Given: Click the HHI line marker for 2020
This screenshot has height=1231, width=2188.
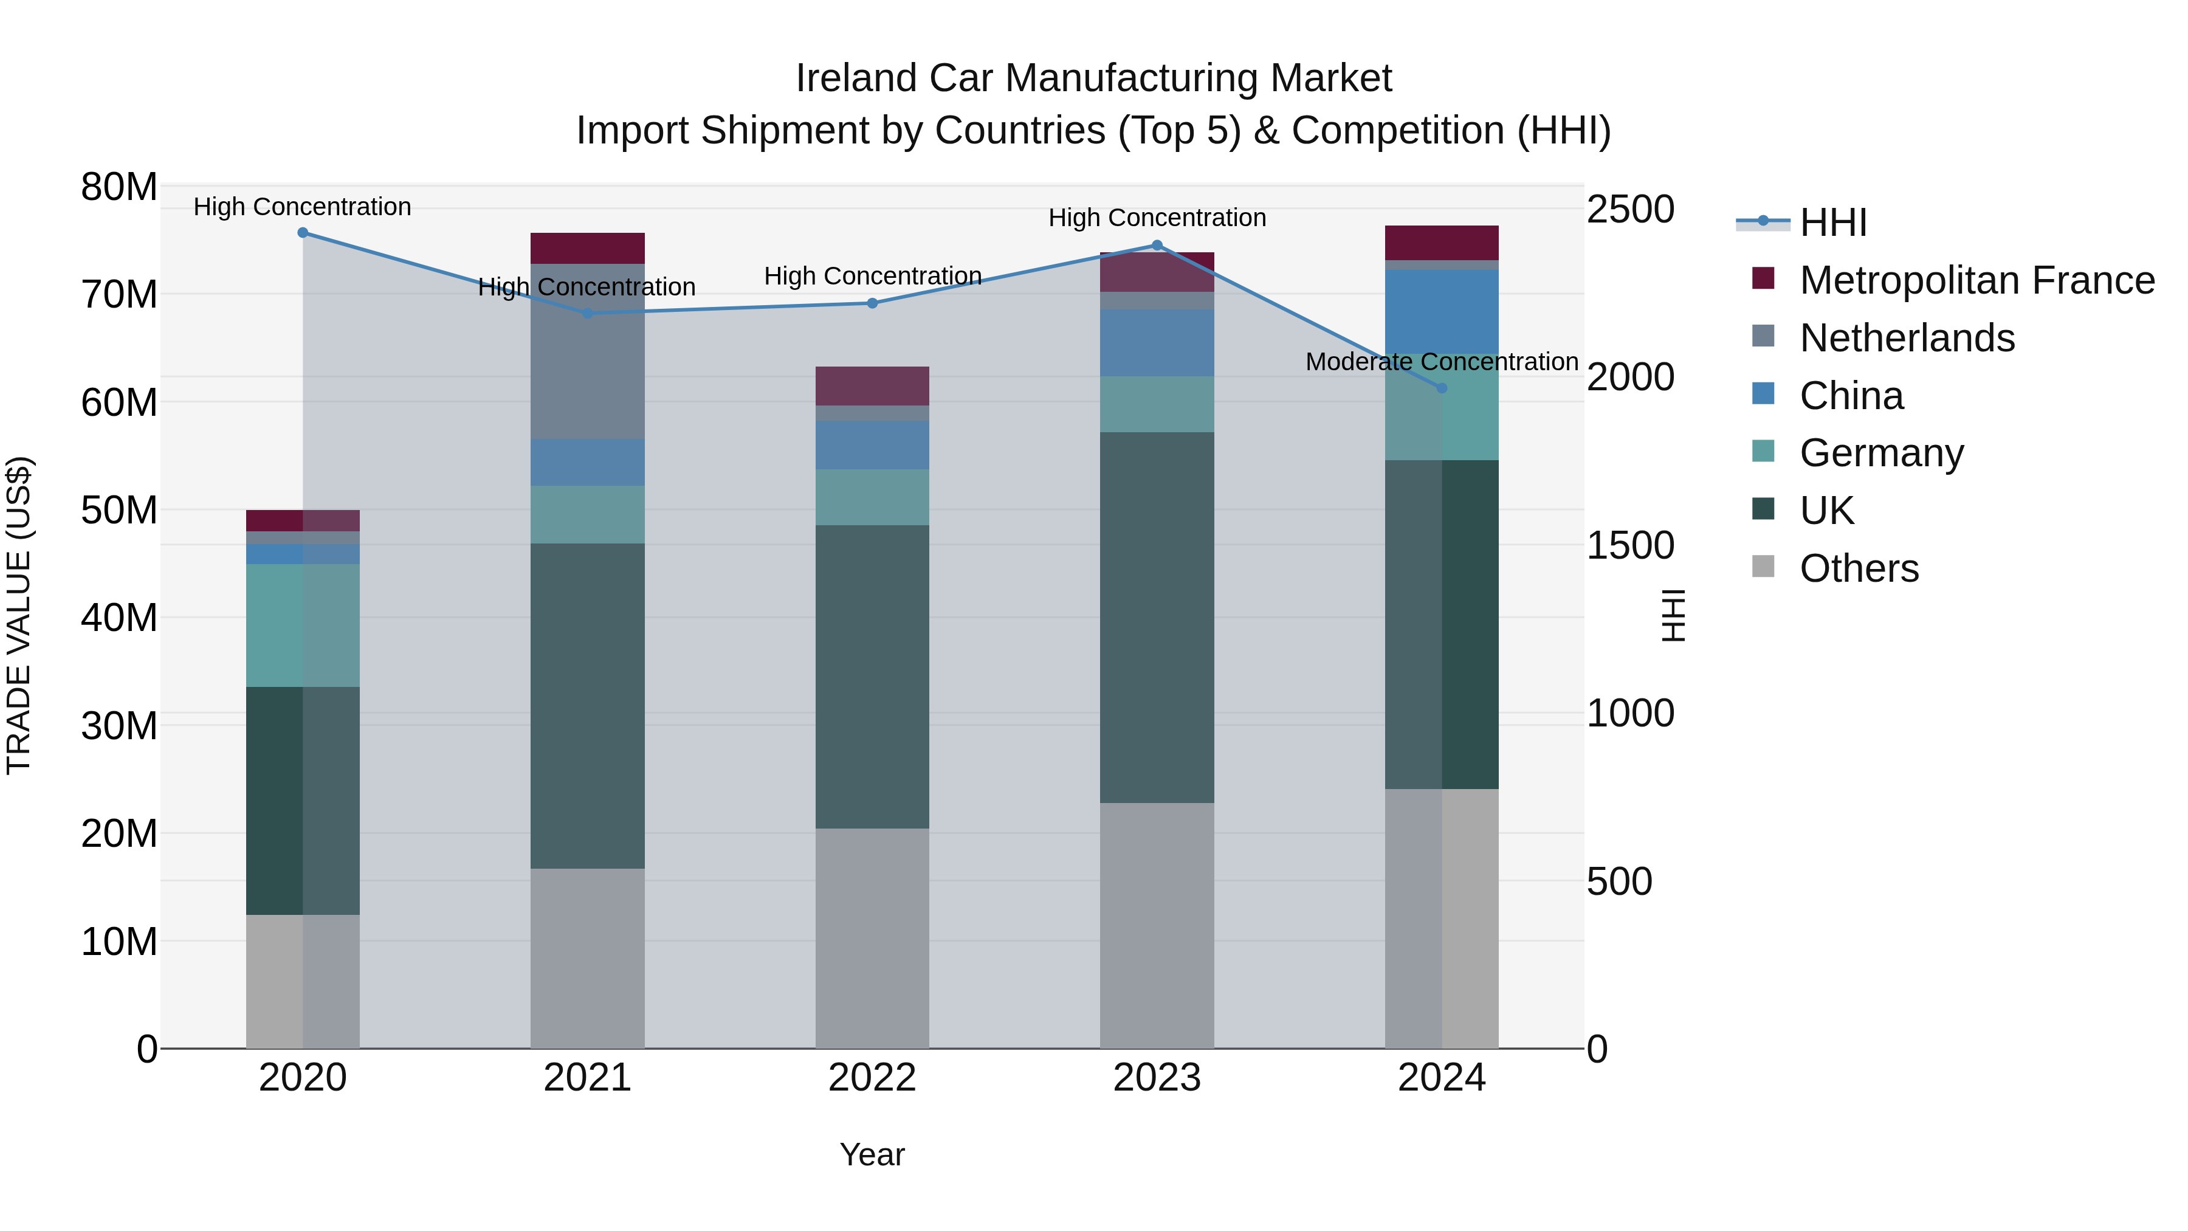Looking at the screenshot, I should click(303, 233).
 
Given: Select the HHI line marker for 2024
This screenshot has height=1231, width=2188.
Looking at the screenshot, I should click(1442, 388).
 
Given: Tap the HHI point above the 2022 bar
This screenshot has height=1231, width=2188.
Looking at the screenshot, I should click(872, 303).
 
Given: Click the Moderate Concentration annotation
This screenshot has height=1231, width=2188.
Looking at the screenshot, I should click(1442, 362).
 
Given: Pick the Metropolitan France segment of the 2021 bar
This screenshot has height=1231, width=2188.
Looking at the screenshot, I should click(587, 248).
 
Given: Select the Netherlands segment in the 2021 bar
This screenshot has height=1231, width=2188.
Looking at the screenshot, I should click(587, 351).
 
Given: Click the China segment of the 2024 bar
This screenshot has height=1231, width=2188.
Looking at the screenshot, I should click(1442, 311).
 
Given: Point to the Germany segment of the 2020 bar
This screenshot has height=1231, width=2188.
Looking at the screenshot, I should click(303, 626).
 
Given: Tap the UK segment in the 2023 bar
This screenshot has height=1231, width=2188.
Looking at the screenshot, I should click(1157, 618).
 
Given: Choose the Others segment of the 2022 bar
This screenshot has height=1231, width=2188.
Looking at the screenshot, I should click(872, 938).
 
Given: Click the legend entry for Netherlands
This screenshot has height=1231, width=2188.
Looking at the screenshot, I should click(1907, 338).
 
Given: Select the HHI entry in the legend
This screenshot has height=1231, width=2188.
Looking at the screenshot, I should click(1833, 222).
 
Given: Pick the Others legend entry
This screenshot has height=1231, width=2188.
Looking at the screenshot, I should click(1859, 568).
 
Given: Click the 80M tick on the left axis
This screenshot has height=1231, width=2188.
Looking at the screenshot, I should click(119, 187).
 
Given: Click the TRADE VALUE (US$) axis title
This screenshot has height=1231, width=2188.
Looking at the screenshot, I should click(19, 615).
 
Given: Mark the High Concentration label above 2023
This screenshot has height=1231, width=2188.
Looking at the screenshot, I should click(1157, 218).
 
